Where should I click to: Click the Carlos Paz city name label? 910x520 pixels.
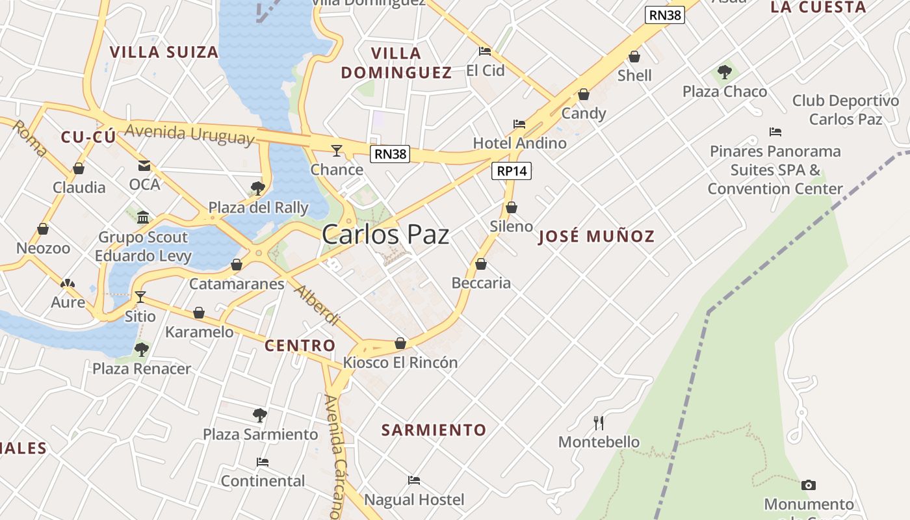coord(385,235)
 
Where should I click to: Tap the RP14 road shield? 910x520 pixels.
coord(512,171)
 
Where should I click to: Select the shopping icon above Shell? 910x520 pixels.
coord(634,57)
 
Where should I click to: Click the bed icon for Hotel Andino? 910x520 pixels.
coord(519,123)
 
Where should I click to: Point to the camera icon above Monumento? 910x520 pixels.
coord(809,485)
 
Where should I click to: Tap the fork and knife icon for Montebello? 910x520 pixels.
coord(599,423)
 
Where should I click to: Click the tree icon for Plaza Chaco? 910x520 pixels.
coord(725,72)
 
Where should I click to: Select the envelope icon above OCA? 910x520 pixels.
coord(144,166)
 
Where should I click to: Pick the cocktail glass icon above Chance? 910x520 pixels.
coord(336,151)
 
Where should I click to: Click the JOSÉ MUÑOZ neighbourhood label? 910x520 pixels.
coord(597,237)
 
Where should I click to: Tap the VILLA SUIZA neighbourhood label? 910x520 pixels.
coord(164,53)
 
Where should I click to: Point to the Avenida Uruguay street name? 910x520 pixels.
coord(189,134)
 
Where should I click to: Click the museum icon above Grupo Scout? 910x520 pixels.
coord(143,217)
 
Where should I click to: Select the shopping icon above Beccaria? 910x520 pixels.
coord(481,264)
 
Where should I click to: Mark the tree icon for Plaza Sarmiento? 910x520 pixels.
coord(260,415)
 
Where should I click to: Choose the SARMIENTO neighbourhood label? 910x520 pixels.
coord(434,430)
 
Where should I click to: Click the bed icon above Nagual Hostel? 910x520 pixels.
coord(414,480)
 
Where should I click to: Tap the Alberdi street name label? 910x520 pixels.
coord(317,305)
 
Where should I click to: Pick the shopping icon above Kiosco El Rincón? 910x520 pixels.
coord(400,343)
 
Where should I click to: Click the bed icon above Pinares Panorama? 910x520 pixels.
coord(775,132)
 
